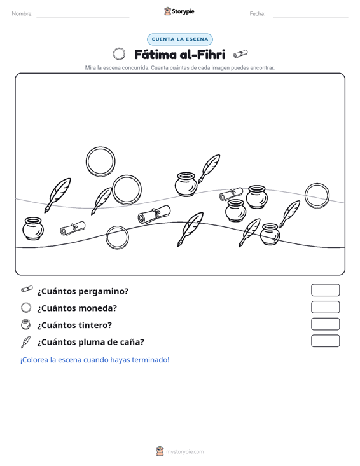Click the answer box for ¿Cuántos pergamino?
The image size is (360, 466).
(325, 290)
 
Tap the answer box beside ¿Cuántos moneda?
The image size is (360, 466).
(325, 307)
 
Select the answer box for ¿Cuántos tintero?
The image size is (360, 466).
(325, 324)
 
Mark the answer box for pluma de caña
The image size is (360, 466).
(325, 341)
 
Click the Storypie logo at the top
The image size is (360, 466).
(179, 11)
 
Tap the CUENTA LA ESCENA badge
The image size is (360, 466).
(180, 39)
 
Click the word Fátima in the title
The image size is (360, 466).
(155, 55)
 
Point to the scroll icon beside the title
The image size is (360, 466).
(240, 54)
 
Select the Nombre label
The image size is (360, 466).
(22, 14)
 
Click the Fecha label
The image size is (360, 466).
(258, 14)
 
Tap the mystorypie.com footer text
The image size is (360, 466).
(184, 452)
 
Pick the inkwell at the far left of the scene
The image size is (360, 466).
(33, 228)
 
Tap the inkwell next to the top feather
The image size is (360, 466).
(186, 184)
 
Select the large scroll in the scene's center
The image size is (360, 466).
(155, 215)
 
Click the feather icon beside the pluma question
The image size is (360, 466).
(25, 342)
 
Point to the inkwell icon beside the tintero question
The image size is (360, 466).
(26, 324)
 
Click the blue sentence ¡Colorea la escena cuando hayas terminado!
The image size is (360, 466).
(95, 360)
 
